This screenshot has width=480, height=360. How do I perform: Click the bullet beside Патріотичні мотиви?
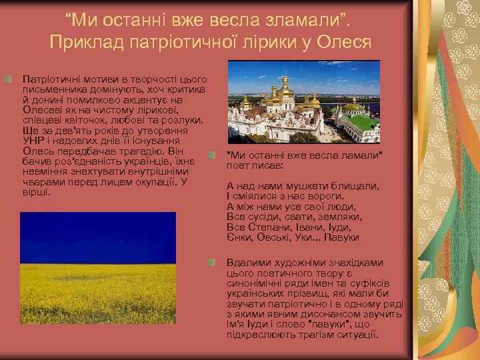[7, 79]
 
